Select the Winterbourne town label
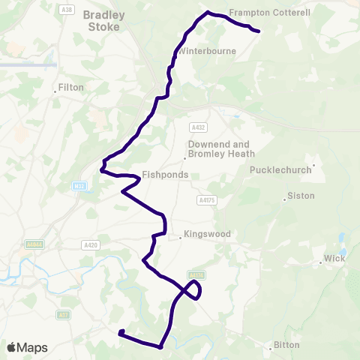208,51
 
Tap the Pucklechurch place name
280,170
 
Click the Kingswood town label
207,234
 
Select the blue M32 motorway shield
80,185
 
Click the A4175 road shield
207,200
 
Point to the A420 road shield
89,244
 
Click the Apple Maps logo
26,347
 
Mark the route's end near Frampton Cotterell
258,31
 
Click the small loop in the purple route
193,289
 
